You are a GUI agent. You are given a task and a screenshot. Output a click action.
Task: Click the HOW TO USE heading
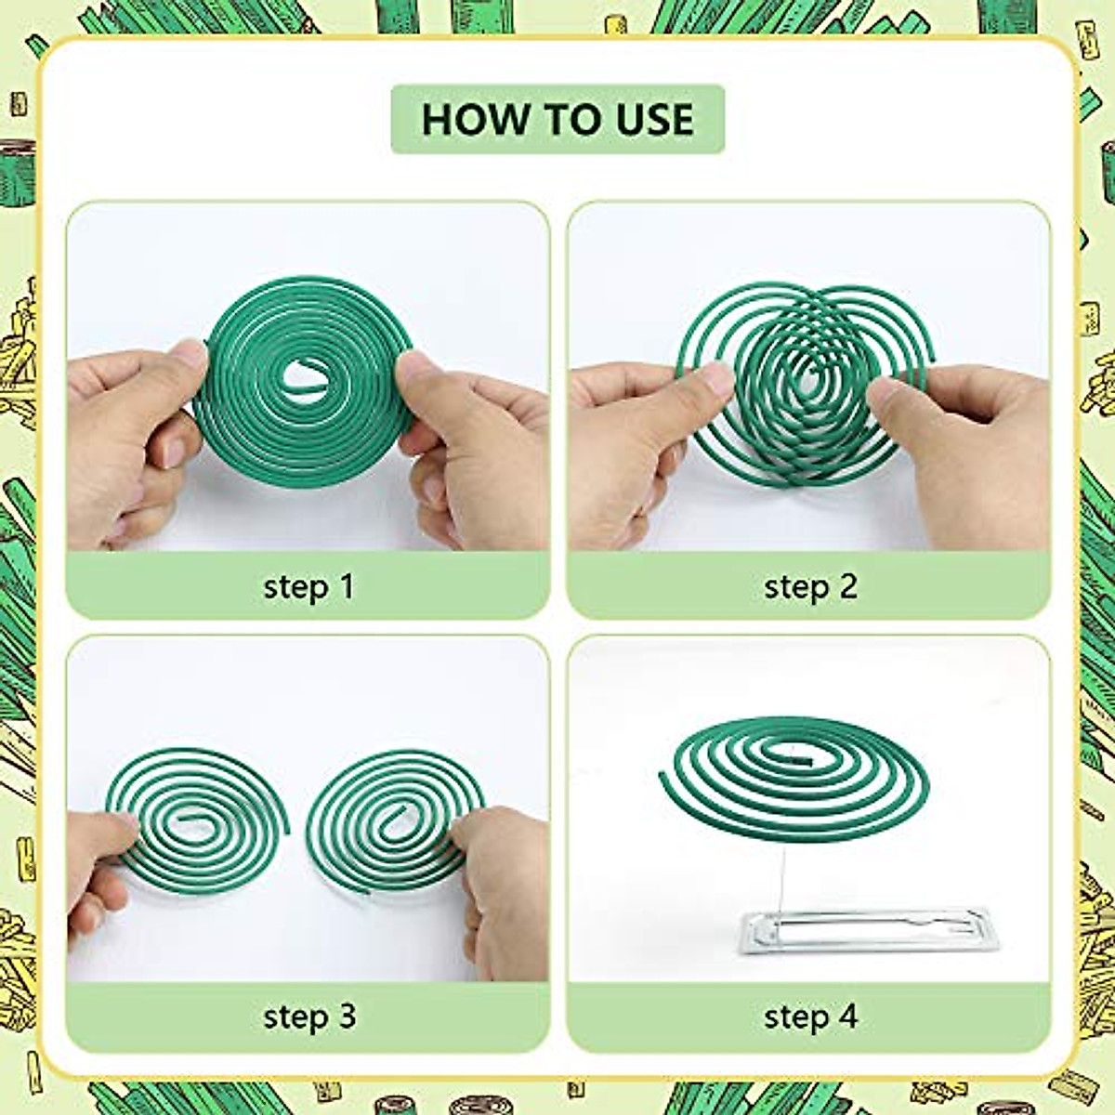click(557, 119)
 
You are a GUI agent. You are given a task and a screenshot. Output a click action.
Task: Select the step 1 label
click(308, 587)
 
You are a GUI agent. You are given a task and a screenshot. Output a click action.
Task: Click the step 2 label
click(809, 587)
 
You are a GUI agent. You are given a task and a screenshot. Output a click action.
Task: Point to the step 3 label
click(308, 1016)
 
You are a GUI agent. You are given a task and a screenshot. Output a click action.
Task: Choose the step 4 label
click(809, 1016)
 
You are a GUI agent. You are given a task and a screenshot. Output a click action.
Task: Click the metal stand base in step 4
click(869, 932)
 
